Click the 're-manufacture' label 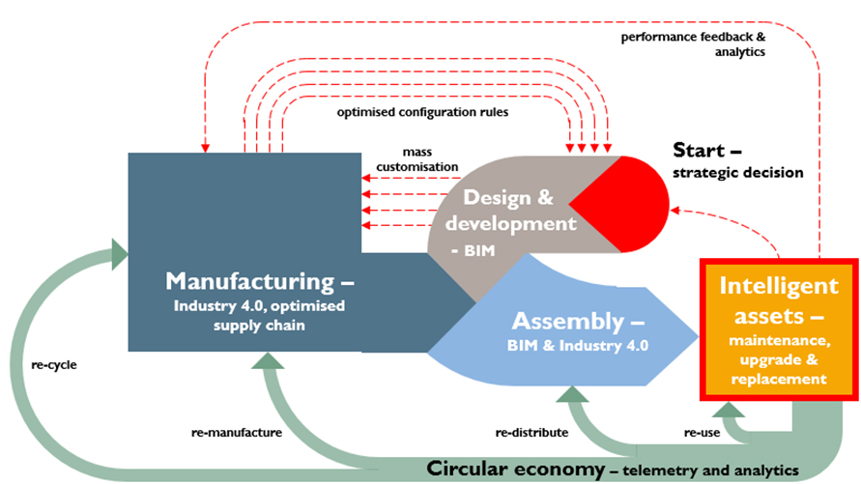238,433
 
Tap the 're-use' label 702,433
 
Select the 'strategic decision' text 737,173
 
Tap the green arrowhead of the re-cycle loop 119,254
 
